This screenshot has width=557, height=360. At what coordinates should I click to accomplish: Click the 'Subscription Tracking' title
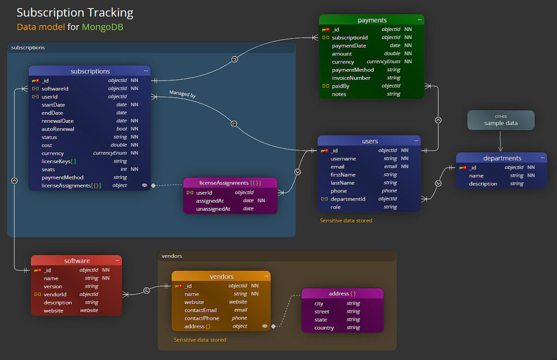pos(75,13)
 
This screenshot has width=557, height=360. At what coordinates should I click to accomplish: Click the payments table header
pos(372,20)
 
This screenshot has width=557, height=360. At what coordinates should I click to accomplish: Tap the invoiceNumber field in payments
pos(351,78)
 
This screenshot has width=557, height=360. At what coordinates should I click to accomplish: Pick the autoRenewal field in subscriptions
pos(58,129)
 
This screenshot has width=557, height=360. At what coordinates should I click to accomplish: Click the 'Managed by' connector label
pos(182,94)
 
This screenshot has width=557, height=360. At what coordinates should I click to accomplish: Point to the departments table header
pos(502,158)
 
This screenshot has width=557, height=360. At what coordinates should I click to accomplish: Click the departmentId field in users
pos(348,199)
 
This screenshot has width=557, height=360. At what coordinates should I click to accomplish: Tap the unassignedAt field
pos(213,209)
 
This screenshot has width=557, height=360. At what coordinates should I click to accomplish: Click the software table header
pos(77,261)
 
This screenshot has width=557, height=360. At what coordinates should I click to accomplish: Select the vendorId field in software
pos(55,294)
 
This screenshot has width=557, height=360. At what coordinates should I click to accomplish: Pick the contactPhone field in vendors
pos(202,318)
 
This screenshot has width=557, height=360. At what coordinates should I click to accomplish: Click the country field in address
pos(324,327)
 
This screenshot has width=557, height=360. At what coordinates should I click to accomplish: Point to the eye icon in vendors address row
pos(265,326)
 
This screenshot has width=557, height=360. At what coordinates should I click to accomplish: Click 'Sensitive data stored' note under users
pos(346,220)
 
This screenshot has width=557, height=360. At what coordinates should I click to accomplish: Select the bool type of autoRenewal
pos(121,129)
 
